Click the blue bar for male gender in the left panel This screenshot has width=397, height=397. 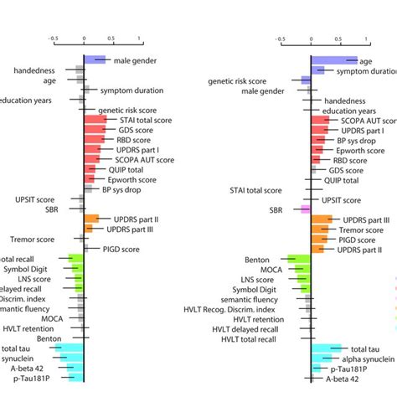pyautogui.click(x=95, y=60)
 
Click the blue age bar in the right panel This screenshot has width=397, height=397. pyautogui.click(x=333, y=60)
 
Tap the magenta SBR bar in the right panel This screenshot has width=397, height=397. pyautogui.click(x=306, y=209)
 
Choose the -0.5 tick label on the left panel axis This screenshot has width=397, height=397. pyautogui.click(x=52, y=38)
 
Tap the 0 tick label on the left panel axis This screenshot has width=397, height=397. pyautogui.click(x=84, y=38)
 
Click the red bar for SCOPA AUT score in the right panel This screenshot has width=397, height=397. pyautogui.click(x=320, y=120)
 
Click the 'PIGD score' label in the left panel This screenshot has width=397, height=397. pyautogui.click(x=123, y=249)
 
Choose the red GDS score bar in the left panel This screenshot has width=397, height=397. pyautogui.click(x=94, y=130)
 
